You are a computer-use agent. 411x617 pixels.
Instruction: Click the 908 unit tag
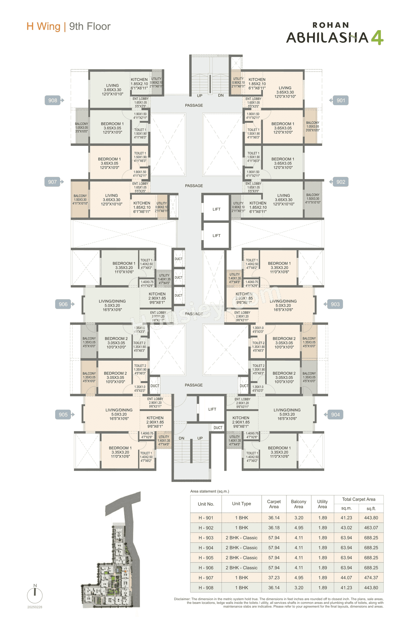click(x=53, y=100)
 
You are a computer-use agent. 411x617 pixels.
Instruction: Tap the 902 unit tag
click(x=341, y=182)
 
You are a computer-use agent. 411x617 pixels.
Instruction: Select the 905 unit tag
click(x=63, y=415)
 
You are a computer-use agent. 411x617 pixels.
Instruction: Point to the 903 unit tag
click(x=335, y=304)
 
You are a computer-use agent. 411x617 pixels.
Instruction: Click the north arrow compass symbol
click(x=35, y=595)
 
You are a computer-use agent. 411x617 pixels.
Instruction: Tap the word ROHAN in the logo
click(x=331, y=25)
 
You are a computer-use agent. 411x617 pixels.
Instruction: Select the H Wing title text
click(x=43, y=26)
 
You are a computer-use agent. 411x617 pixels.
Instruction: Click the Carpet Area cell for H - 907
click(x=274, y=577)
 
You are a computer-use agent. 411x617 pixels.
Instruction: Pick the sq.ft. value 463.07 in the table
click(x=371, y=528)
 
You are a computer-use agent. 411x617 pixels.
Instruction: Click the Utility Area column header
click(x=322, y=504)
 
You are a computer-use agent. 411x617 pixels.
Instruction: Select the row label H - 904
click(x=206, y=548)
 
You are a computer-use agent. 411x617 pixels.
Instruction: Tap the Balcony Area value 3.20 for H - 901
click(x=299, y=518)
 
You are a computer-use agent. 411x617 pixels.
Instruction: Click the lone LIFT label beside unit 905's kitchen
click(x=212, y=409)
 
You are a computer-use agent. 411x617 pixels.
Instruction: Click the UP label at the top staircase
click(x=200, y=96)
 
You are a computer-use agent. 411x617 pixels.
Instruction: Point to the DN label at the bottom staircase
click(x=181, y=438)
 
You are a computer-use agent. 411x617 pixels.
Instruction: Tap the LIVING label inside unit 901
click(x=285, y=88)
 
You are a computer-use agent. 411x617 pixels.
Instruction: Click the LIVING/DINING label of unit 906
click(x=112, y=301)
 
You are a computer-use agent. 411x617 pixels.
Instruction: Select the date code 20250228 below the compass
click(x=35, y=607)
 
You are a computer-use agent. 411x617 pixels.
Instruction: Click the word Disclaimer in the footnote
click(x=182, y=599)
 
